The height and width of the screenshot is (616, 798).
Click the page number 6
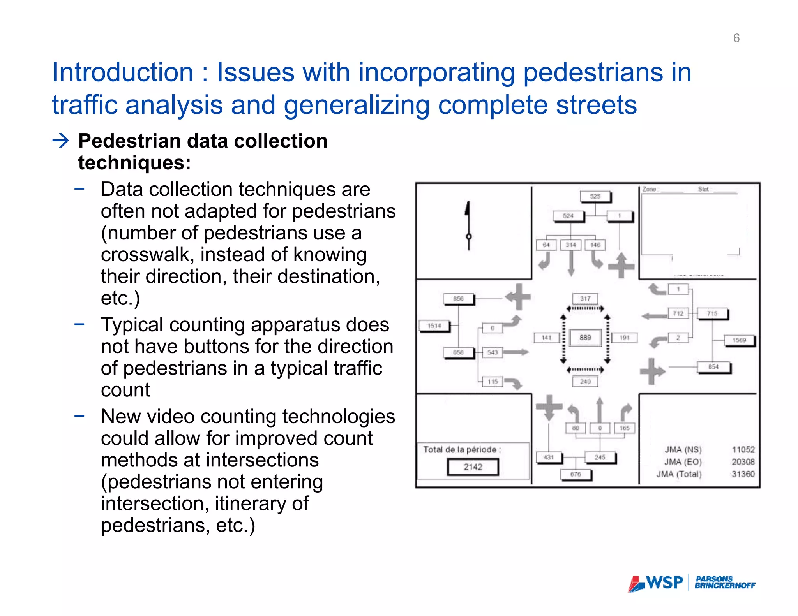click(x=736, y=38)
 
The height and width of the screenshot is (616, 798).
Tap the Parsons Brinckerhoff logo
click(x=725, y=583)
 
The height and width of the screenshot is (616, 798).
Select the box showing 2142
click(x=473, y=467)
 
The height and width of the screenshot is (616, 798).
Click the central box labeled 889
click(x=585, y=338)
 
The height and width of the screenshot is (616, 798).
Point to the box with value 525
click(x=595, y=196)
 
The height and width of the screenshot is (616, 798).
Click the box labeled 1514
click(x=434, y=326)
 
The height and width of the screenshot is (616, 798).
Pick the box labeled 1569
click(x=739, y=340)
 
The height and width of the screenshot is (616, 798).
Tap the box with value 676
click(x=576, y=474)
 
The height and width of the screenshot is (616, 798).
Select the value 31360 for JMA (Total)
click(x=743, y=474)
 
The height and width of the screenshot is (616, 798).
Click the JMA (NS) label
click(x=683, y=450)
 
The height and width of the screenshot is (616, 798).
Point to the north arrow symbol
click(x=468, y=226)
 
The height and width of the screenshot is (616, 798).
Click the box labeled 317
click(x=585, y=299)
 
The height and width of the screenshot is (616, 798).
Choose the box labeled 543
click(x=492, y=352)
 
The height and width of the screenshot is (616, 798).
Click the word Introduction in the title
click(x=123, y=73)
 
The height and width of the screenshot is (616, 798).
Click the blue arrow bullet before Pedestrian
click(x=61, y=141)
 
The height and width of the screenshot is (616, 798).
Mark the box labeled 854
click(x=713, y=367)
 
